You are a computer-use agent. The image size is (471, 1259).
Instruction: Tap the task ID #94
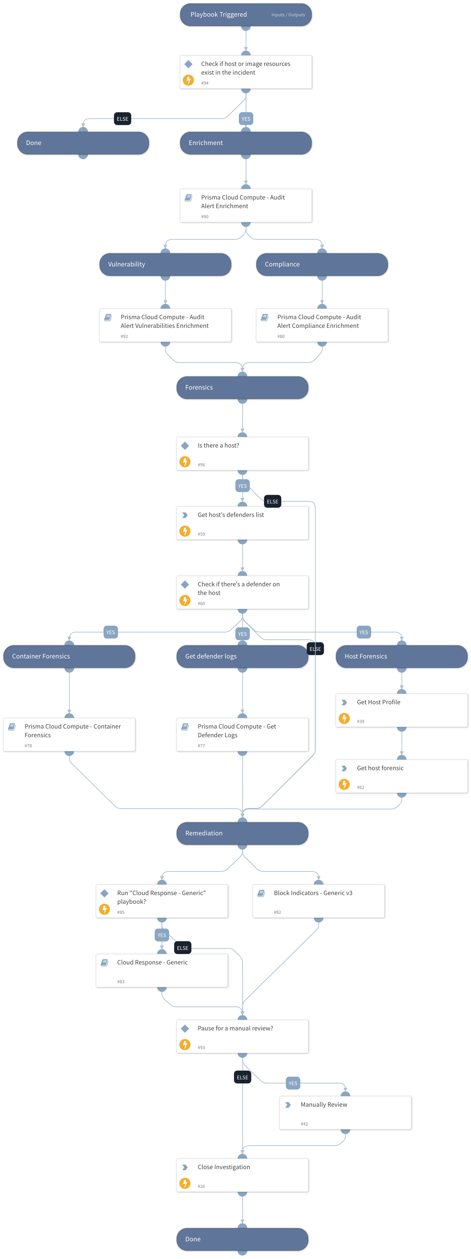[x=205, y=83]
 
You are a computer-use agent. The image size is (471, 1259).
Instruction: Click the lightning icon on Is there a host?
[x=185, y=461]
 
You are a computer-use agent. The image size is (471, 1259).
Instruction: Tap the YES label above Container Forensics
[x=111, y=632]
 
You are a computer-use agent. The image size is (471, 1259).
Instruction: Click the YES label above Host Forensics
[x=363, y=632]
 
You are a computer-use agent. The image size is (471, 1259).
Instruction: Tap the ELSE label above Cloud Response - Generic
[x=182, y=948]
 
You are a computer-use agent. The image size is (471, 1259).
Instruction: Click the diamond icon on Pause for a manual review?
[x=185, y=1028]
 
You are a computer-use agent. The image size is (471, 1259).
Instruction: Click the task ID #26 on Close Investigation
[x=201, y=1186]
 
